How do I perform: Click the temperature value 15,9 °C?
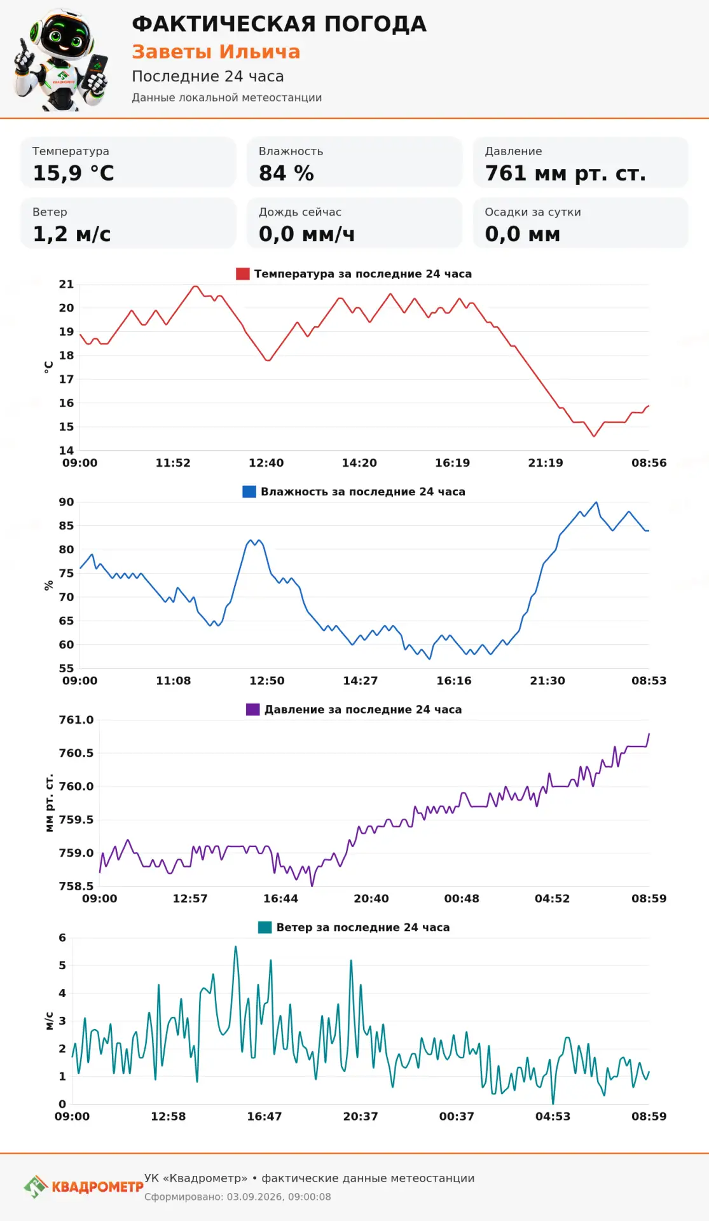coord(73,173)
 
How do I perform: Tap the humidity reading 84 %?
coord(286,173)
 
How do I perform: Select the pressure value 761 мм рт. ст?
coord(565,173)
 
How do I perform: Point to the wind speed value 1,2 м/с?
coord(71,234)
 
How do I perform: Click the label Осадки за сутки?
coord(533,212)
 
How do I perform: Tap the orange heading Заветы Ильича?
coord(216,52)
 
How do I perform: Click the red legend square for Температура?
coord(242,274)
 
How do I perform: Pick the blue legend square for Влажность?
coord(249,492)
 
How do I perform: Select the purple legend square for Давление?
coord(252,710)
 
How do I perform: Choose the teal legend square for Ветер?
coord(265,927)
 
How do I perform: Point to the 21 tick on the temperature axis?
coord(66,284)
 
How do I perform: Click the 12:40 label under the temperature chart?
coord(266,463)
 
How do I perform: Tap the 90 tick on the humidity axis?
coord(66,502)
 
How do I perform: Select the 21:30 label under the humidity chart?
coord(547,680)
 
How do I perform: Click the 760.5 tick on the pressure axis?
coord(76,753)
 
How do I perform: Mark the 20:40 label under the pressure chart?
coord(371,899)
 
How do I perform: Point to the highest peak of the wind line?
coord(236,947)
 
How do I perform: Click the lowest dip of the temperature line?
coord(594,436)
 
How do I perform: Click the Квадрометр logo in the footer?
coord(83,1187)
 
